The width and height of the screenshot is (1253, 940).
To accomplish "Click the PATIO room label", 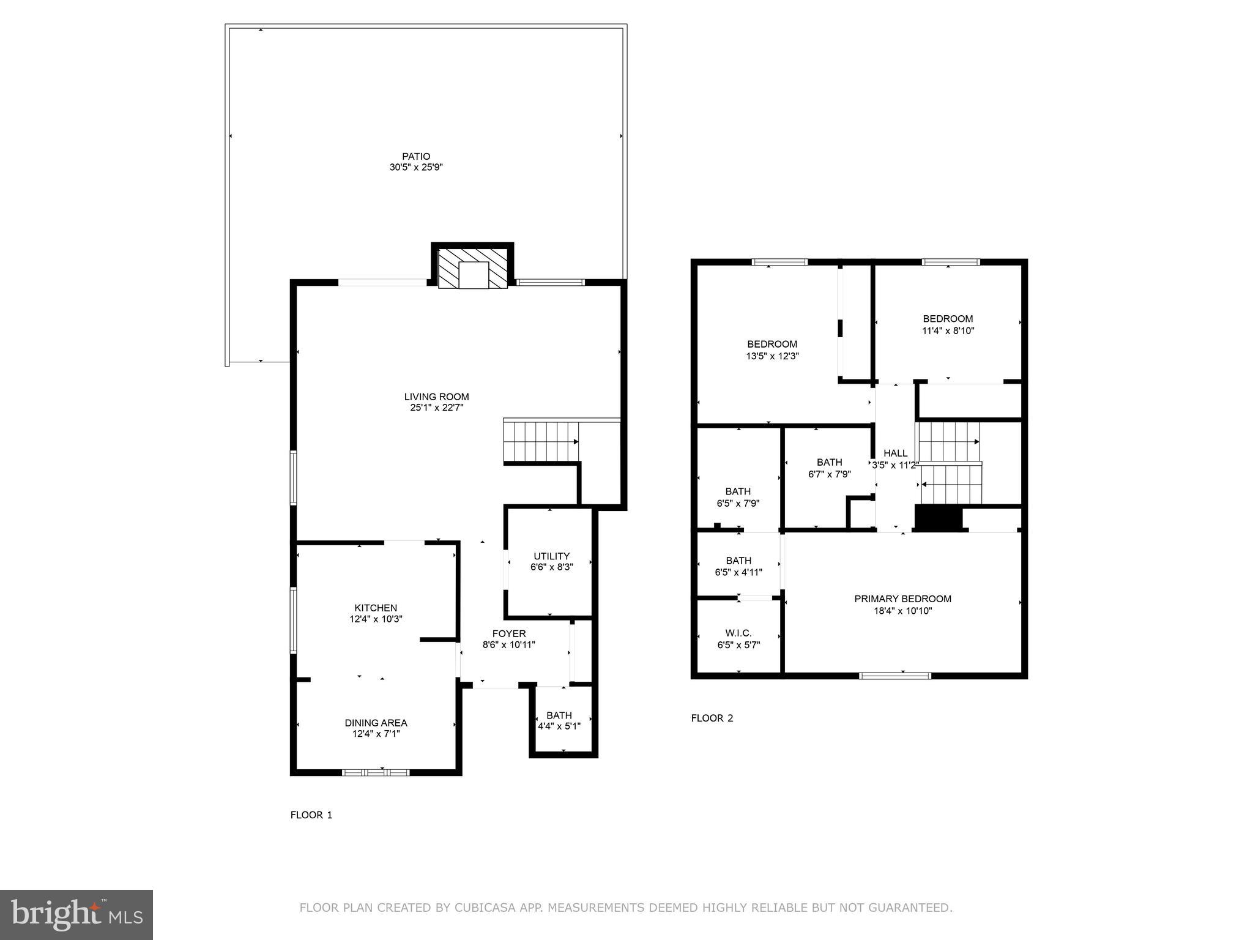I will pyautogui.click(x=416, y=157).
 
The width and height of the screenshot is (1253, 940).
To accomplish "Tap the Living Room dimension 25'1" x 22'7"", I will pyautogui.click(x=437, y=408).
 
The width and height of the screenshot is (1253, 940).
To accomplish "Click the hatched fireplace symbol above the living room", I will pyautogui.click(x=473, y=267).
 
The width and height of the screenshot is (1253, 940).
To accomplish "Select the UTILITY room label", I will pyautogui.click(x=551, y=556).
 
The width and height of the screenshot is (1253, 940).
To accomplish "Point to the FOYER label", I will pyautogui.click(x=508, y=633).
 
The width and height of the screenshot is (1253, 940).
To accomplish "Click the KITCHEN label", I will pyautogui.click(x=376, y=608).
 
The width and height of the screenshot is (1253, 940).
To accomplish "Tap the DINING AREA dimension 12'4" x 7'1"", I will pyautogui.click(x=376, y=734).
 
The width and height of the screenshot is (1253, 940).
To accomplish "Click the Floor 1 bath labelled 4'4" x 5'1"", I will pyautogui.click(x=559, y=721).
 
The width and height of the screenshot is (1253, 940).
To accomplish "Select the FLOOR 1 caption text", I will pyautogui.click(x=311, y=815).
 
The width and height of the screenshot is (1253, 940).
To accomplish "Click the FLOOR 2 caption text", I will pyautogui.click(x=712, y=718).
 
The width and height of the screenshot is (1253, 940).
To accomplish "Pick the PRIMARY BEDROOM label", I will pyautogui.click(x=902, y=599).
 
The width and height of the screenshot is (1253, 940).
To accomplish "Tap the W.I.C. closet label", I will pyautogui.click(x=738, y=633).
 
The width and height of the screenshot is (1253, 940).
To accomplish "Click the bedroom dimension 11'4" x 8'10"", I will pyautogui.click(x=948, y=330).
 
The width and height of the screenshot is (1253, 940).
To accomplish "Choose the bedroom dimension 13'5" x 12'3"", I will pyautogui.click(x=772, y=356).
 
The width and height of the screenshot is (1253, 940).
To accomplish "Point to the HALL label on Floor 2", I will pyautogui.click(x=895, y=453).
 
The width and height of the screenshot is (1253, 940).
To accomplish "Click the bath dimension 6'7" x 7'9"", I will pyautogui.click(x=829, y=474).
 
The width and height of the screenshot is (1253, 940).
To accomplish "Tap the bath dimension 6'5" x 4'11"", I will pyautogui.click(x=738, y=572).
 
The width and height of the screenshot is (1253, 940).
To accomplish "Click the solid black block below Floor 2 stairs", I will pyautogui.click(x=938, y=518).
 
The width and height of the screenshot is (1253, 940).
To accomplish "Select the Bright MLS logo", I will pyautogui.click(x=76, y=915).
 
